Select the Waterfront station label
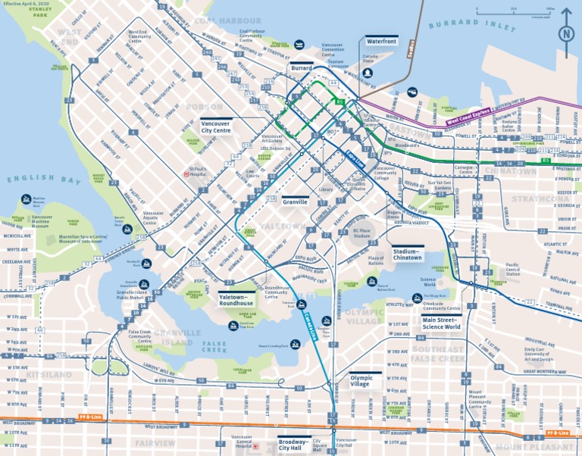(381, 40)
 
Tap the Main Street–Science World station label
(441, 323)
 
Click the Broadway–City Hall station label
(295, 444)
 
